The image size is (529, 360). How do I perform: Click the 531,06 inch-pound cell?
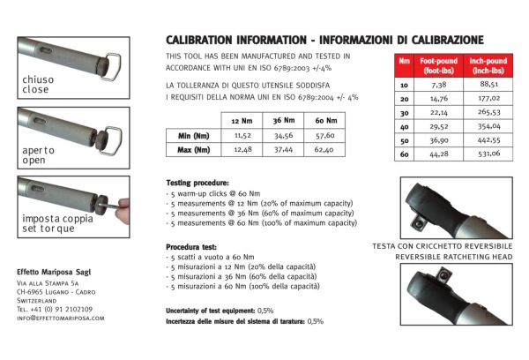(488, 154)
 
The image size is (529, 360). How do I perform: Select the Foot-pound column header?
(438, 65)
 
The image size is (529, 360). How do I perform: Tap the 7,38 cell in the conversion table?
(438, 85)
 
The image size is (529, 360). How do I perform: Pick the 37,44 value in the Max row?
(283, 150)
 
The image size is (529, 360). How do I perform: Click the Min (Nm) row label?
(194, 136)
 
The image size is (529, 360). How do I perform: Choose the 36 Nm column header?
(283, 121)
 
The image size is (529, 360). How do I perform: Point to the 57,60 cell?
(324, 135)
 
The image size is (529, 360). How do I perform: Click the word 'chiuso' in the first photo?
(38, 79)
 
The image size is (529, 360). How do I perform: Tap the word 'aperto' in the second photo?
(38, 151)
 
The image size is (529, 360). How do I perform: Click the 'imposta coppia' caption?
(57, 219)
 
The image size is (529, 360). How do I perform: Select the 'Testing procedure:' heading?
(197, 183)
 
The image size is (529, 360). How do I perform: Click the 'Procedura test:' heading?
(191, 247)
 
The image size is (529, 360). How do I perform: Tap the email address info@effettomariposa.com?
(61, 319)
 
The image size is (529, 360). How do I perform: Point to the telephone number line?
(55, 309)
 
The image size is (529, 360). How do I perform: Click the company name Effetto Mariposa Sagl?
(54, 272)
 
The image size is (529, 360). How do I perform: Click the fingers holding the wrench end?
(123, 210)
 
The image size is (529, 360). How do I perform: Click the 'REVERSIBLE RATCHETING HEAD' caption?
(454, 257)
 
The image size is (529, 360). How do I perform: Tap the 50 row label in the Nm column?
(404, 140)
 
